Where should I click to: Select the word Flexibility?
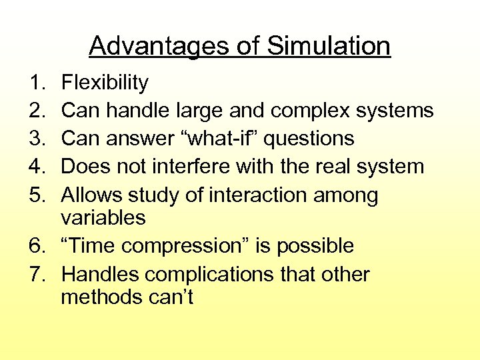coord(105,83)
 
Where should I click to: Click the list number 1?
coord(36,83)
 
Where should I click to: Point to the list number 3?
coord(36,138)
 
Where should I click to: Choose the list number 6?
coord(36,246)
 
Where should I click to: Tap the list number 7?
coord(36,274)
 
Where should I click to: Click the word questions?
coord(311,138)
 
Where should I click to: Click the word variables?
coord(103,217)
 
